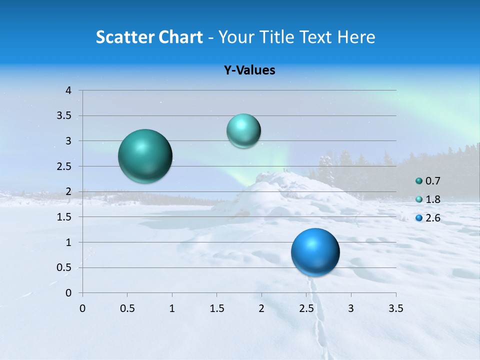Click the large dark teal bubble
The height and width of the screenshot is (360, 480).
(145, 156)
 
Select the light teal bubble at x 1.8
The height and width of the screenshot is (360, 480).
(243, 131)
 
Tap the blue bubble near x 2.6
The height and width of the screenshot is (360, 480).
(315, 252)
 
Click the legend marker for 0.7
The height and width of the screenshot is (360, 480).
(419, 181)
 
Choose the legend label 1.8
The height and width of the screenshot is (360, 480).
(433, 199)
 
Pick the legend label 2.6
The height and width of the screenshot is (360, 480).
(433, 218)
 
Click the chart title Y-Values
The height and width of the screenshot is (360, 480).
(249, 70)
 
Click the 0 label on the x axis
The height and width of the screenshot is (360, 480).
(82, 308)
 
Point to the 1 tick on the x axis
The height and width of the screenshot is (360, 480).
(172, 308)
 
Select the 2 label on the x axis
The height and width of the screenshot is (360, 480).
(261, 308)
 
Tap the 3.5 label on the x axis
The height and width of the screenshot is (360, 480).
(395, 308)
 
